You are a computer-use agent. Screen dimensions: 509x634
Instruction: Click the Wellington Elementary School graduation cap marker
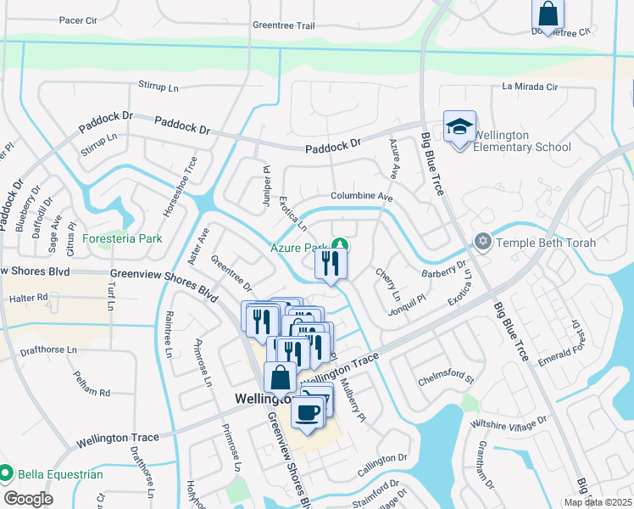(x=459, y=128)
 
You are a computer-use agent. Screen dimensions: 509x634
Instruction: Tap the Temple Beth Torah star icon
(x=483, y=243)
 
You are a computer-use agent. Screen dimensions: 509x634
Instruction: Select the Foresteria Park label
(x=122, y=239)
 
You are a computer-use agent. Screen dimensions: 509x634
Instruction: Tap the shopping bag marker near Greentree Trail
(x=548, y=14)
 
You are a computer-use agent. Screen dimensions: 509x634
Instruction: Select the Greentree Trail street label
(x=284, y=25)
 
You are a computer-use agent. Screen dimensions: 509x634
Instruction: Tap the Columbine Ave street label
(x=362, y=196)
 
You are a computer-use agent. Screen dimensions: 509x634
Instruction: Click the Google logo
(x=28, y=499)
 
